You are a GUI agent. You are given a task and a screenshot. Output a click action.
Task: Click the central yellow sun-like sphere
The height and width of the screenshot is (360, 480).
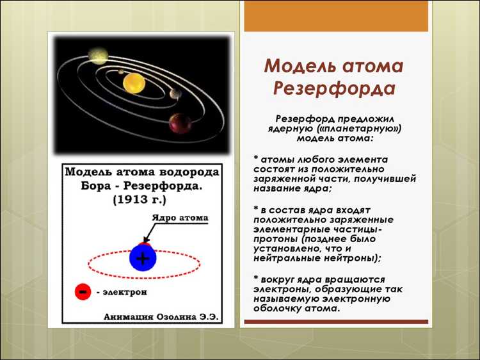pos(135,83)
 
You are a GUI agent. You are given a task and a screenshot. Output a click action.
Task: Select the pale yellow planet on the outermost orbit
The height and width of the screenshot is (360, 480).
pos(99,55)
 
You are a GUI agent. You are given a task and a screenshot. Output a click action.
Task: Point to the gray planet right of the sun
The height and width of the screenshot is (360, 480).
pos(175,94)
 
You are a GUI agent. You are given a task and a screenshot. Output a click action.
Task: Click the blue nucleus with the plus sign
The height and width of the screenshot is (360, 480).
pos(142,258)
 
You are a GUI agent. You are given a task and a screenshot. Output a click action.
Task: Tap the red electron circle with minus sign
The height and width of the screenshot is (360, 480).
pos(82,291)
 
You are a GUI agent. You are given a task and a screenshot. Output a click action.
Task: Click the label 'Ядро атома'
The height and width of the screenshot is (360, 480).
pos(179,218)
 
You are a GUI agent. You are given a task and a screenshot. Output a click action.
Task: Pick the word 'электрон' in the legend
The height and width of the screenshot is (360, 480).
pos(125,292)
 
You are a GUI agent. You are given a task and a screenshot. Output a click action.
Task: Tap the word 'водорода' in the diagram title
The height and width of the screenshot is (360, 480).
pos(189,172)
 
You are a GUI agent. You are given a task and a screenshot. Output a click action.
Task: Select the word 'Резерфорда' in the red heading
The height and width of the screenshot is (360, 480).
pos(336,88)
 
